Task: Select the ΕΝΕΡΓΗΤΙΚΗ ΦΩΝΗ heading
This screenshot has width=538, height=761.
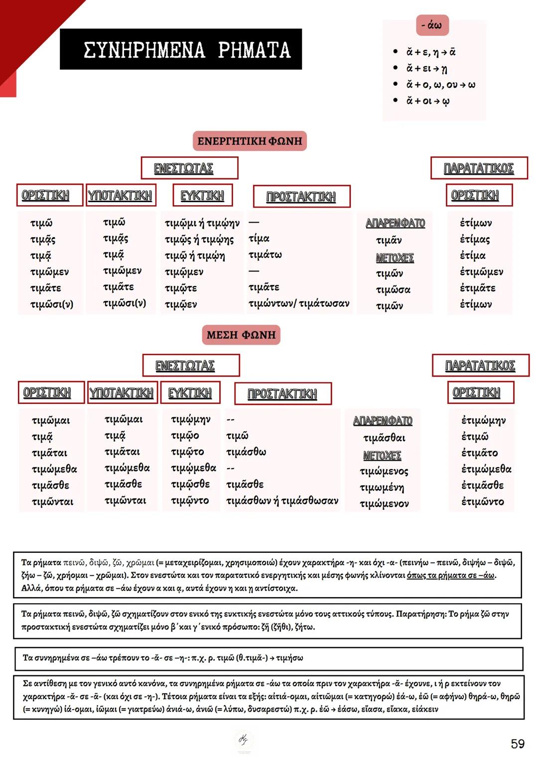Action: pyautogui.click(x=250, y=141)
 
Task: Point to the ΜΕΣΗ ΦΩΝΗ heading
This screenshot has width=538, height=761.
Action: pyautogui.click(x=241, y=335)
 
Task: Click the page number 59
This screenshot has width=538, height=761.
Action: pyautogui.click(x=518, y=744)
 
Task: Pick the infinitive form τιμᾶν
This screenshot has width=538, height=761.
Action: pyautogui.click(x=389, y=241)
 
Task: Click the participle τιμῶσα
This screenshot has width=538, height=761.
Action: pyautogui.click(x=393, y=290)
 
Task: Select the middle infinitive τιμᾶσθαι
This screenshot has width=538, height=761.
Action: pyautogui.click(x=384, y=438)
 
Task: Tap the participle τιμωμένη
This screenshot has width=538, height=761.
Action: pyautogui.click(x=382, y=488)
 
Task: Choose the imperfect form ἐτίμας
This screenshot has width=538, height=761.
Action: pyautogui.click(x=475, y=240)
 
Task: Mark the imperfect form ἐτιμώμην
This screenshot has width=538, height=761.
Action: pyautogui.click(x=483, y=420)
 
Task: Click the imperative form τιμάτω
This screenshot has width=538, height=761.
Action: pyautogui.click(x=265, y=255)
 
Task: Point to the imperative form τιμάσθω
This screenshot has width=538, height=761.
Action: pyautogui.click(x=246, y=452)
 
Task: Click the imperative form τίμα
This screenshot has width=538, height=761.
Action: pyautogui.click(x=259, y=239)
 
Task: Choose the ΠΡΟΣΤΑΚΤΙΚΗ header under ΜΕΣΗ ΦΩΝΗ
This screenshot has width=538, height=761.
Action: pyautogui.click(x=282, y=394)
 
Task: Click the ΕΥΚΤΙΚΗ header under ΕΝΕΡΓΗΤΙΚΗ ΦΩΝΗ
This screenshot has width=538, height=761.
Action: pyautogui.click(x=202, y=196)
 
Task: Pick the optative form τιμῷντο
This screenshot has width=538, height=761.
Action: pyautogui.click(x=189, y=501)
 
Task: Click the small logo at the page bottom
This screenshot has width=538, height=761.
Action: pyautogui.click(x=244, y=739)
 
